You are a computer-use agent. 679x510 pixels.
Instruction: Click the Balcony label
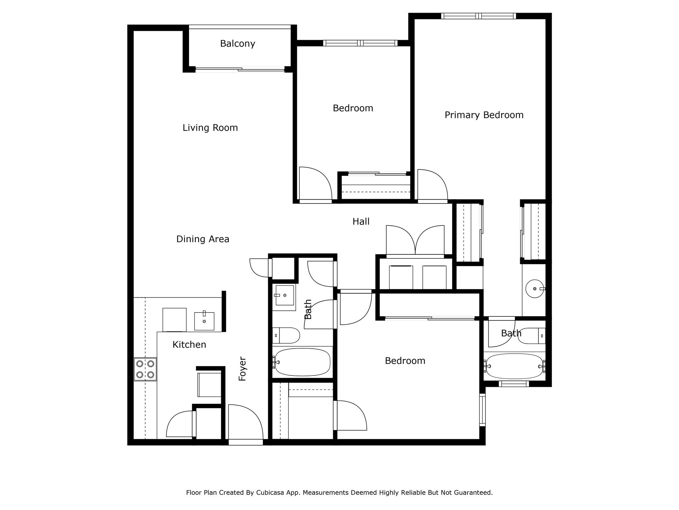coord(237,43)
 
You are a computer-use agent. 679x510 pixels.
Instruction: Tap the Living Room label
coord(210,128)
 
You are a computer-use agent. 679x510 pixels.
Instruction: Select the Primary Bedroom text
coord(484,115)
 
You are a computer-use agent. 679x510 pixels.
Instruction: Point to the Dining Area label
coord(203,239)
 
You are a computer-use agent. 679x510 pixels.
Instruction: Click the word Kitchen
coord(189,345)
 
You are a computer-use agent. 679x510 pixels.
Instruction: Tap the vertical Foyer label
coord(243,369)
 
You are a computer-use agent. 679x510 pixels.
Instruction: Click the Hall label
coord(361,221)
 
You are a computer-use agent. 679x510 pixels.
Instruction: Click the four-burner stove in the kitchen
coord(145,369)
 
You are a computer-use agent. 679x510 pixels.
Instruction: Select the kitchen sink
coord(204,321)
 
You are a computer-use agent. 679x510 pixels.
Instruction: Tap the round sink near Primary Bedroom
coord(534,289)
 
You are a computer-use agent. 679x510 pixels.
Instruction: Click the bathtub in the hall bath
coord(302,362)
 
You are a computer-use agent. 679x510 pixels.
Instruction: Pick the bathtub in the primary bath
coord(514,366)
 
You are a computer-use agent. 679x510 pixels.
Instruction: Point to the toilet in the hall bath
coord(287,335)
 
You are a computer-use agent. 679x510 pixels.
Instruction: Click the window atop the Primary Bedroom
coord(478,16)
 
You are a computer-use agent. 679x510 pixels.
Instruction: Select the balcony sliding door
coord(240,69)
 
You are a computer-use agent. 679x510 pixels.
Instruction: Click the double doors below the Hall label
coord(415,242)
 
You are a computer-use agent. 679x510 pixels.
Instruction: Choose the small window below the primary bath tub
coord(514,384)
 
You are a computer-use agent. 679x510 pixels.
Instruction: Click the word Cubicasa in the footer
coord(269,492)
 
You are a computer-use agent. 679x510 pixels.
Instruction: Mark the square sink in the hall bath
coord(284,295)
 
